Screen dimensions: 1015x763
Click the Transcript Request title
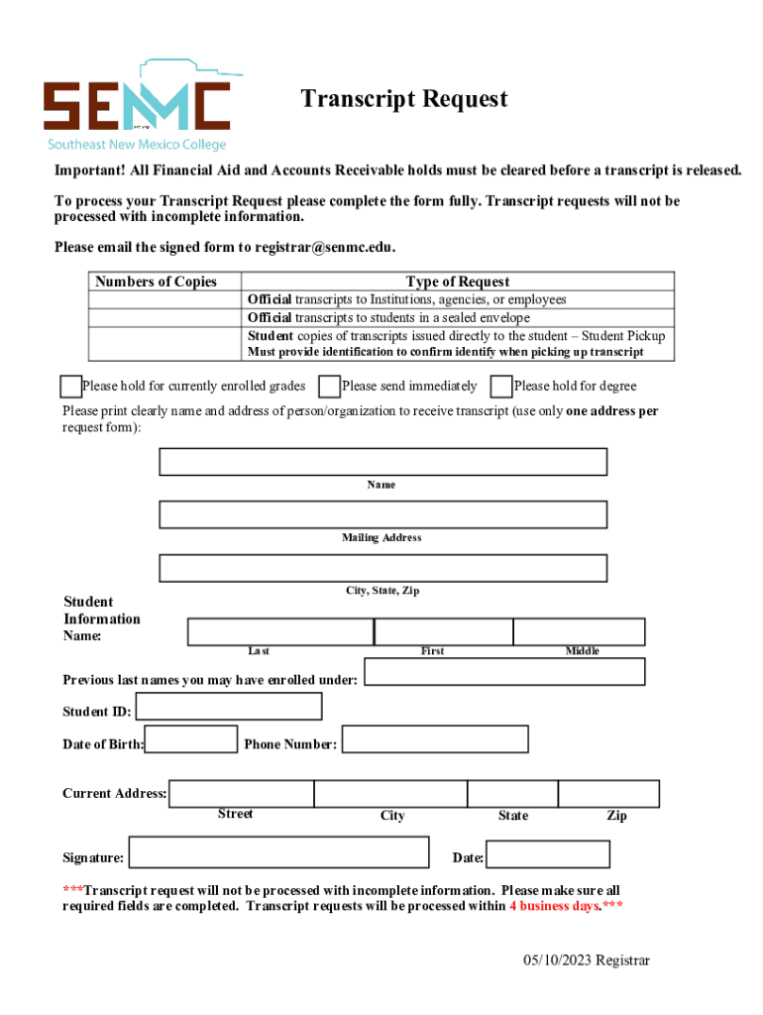pyautogui.click(x=404, y=99)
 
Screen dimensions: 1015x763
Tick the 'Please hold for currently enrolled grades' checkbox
pyautogui.click(x=70, y=386)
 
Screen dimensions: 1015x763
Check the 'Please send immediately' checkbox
pyautogui.click(x=330, y=386)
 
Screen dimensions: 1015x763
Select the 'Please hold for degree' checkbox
pyautogui.click(x=501, y=386)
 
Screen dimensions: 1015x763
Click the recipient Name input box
pyautogui.click(x=382, y=462)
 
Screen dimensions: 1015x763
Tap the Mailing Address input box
pyautogui.click(x=382, y=514)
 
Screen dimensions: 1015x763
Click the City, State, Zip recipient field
pyautogui.click(x=382, y=568)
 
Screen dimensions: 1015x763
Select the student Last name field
pyautogui.click(x=280, y=631)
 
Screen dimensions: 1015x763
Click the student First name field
pyautogui.click(x=443, y=631)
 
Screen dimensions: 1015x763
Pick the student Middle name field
pyautogui.click(x=579, y=631)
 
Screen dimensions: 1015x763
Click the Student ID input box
pyautogui.click(x=228, y=707)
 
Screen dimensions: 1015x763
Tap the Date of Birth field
pyautogui.click(x=191, y=739)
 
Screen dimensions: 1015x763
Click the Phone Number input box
pyautogui.click(x=435, y=739)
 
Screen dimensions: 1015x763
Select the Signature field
pyautogui.click(x=279, y=853)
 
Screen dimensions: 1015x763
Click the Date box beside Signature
pyautogui.click(x=548, y=854)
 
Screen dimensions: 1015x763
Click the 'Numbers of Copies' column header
pyautogui.click(x=156, y=282)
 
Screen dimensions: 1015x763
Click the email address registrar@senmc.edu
pyautogui.click(x=324, y=247)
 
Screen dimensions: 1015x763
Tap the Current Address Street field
pyautogui.click(x=242, y=794)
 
